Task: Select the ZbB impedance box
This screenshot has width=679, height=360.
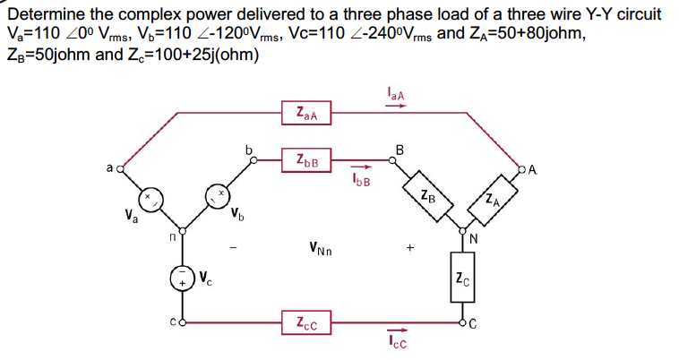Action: tap(306, 161)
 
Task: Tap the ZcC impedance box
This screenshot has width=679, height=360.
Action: tap(306, 321)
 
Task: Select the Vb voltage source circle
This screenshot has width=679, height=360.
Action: tap(218, 194)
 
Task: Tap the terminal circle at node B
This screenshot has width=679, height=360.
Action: tap(391, 161)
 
